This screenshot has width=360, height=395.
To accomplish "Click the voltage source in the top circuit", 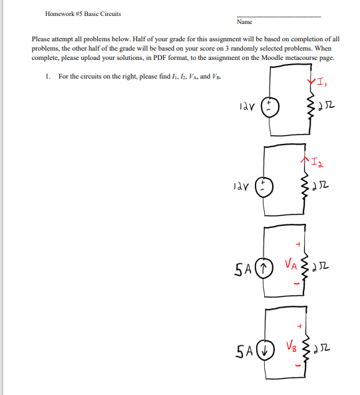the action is pos(270,105).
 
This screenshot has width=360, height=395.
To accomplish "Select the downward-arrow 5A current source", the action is pos(265,350).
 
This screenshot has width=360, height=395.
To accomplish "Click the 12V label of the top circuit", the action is pos(245,105).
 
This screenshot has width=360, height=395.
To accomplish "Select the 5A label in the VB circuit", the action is pos(244,351).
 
